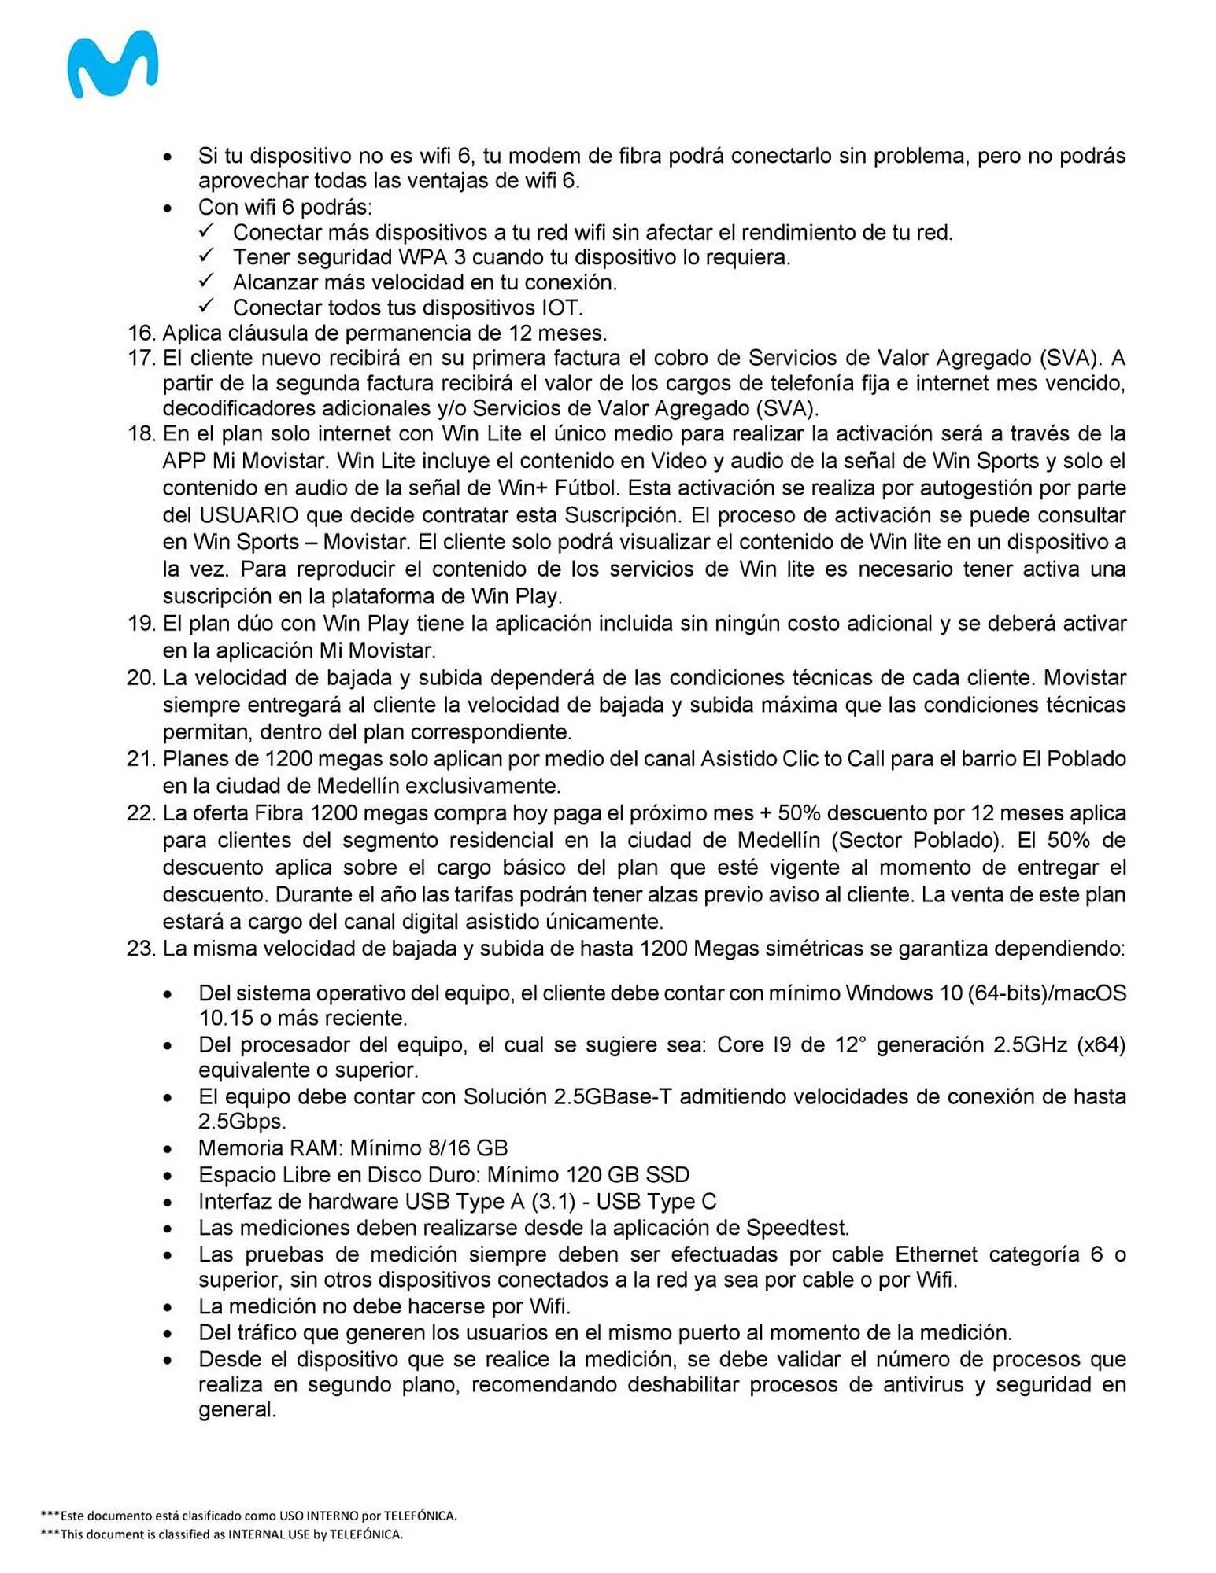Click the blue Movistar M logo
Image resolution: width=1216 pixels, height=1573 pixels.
(x=113, y=64)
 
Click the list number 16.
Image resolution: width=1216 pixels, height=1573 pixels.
(x=141, y=333)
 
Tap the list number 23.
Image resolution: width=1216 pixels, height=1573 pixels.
(x=141, y=949)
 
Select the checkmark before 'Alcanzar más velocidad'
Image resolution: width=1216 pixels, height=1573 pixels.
(x=207, y=281)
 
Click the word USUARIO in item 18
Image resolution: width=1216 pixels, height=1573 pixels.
(x=249, y=515)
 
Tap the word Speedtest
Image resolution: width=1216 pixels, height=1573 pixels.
(x=796, y=1228)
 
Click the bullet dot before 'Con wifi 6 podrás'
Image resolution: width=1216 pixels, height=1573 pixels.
(x=168, y=208)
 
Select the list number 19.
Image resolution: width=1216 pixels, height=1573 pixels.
(x=141, y=624)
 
